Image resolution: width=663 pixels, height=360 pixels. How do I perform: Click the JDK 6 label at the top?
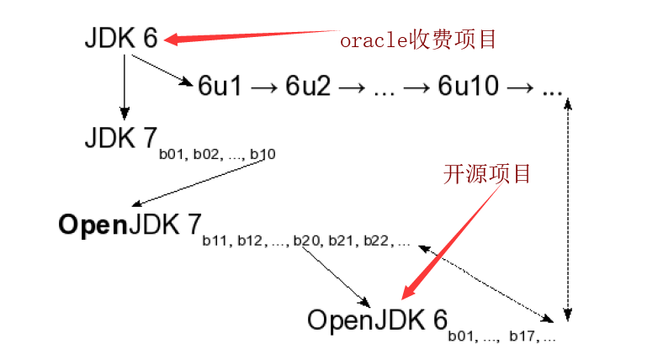[120, 39]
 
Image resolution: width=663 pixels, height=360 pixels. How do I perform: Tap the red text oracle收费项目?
[418, 39]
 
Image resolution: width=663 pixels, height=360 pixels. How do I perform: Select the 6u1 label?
[220, 87]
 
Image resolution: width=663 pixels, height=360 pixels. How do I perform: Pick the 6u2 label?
[308, 87]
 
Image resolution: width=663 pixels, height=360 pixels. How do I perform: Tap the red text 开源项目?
[487, 174]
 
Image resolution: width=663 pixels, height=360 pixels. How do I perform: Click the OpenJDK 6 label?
[376, 320]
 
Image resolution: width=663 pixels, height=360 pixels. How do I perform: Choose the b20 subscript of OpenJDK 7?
[305, 242]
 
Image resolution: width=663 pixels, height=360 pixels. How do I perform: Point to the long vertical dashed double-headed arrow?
[570, 206]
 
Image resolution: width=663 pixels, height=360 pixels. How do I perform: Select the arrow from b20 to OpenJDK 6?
[336, 276]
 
